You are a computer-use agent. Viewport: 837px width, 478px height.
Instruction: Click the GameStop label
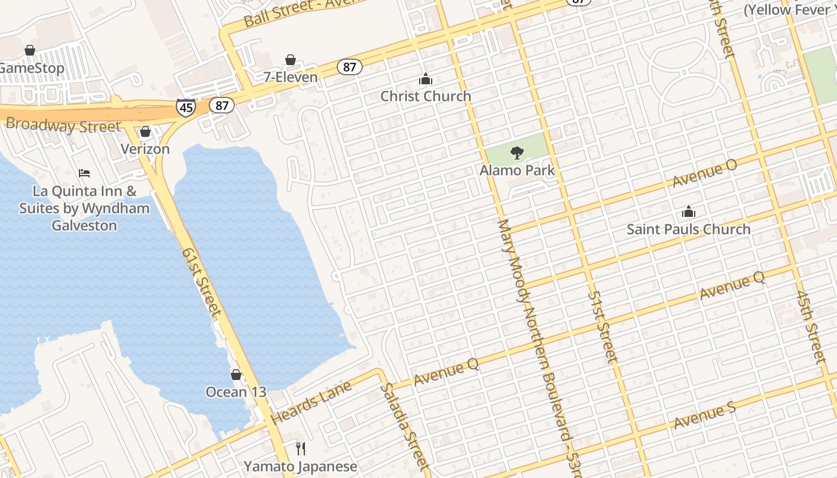tap(31, 68)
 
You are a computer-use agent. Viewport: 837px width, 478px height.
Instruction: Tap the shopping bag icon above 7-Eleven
tap(291, 60)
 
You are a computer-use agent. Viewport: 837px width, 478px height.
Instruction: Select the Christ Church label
tap(426, 96)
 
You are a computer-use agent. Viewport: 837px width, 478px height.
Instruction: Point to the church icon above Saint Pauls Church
tap(689, 212)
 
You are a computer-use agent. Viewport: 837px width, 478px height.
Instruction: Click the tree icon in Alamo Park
tap(517, 153)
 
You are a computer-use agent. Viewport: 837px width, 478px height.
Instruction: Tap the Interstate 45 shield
tap(185, 107)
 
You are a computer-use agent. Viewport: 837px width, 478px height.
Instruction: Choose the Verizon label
tap(145, 149)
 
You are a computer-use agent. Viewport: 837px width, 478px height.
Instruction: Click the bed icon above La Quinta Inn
tap(84, 173)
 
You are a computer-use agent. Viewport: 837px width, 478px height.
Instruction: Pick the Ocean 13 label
tap(236, 392)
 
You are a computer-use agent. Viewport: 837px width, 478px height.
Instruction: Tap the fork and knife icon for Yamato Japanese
tap(301, 448)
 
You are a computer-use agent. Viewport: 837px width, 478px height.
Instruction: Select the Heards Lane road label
tap(310, 403)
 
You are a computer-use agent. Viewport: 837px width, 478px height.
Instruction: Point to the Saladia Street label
tap(405, 425)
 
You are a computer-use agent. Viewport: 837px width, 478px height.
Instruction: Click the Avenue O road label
tap(705, 173)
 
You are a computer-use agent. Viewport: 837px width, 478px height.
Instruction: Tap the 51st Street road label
tap(601, 326)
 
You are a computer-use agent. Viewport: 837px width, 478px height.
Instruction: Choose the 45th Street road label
tap(810, 326)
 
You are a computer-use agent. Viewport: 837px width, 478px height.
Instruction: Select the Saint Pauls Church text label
tap(688, 229)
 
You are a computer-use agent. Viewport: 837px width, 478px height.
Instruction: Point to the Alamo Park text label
tap(517, 170)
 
